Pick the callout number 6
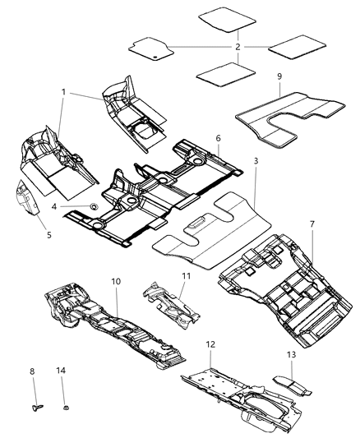(217, 141)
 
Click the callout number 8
(32, 372)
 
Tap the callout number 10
(116, 281)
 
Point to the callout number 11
(186, 276)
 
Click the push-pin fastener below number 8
(36, 405)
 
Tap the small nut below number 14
(64, 404)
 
